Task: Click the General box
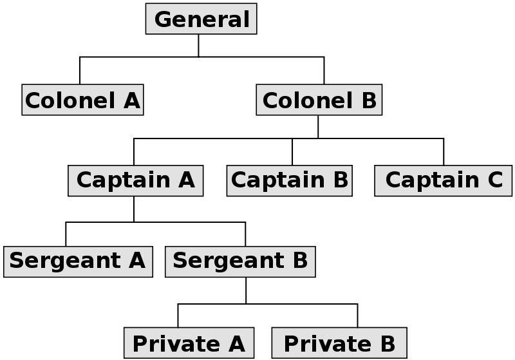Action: [x=201, y=19]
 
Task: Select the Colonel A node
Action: [x=82, y=100]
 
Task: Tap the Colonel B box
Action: [x=319, y=100]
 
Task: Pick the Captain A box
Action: [x=135, y=180]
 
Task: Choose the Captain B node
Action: [x=290, y=180]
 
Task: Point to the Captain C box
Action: [x=444, y=180]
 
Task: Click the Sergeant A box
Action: [x=78, y=261]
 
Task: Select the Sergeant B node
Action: [x=240, y=261]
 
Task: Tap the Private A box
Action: [x=189, y=343]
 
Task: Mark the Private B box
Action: [x=339, y=343]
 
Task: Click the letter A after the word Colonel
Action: [x=130, y=100]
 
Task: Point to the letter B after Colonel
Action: [x=369, y=100]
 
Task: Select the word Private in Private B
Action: [x=313, y=343]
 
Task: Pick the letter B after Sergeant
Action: [x=300, y=261]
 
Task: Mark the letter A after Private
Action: [x=236, y=343]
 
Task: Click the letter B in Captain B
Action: [x=341, y=180]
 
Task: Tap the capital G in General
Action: [x=164, y=19]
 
